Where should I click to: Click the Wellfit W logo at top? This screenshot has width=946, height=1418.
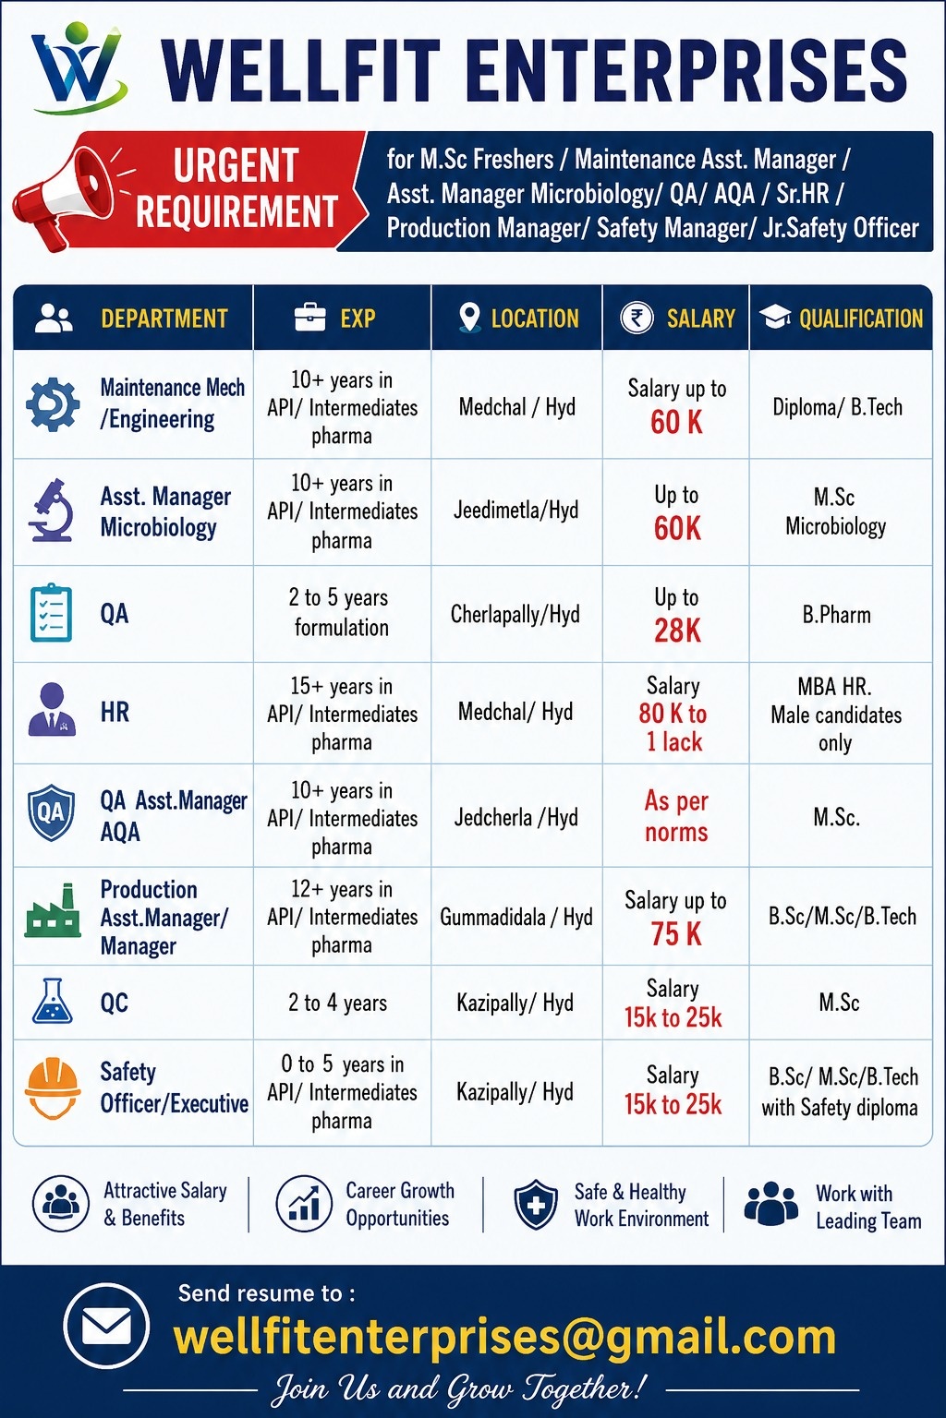pos(78,66)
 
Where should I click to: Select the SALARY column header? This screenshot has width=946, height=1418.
pos(700,318)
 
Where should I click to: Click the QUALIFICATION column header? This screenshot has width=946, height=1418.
pos(860,318)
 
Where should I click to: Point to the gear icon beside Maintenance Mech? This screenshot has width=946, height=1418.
pos(54,404)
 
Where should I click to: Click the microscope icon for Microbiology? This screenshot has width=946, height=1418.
pos(51,511)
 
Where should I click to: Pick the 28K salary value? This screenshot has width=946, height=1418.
pos(677,631)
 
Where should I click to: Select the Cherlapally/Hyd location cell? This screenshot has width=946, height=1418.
pos(515,614)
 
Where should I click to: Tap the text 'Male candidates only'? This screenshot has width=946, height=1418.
pos(836,728)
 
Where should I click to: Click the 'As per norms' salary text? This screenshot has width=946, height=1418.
pos(676,817)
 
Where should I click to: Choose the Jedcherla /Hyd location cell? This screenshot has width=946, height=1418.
pos(515,817)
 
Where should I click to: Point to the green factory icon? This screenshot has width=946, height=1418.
pos(53,910)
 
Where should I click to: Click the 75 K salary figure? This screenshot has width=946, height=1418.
pos(676,933)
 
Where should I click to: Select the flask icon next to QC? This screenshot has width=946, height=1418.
pos(52,1001)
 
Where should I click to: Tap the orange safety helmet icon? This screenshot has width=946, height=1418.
pos(53,1088)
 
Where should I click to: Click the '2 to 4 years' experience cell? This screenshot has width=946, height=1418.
pos(338,1003)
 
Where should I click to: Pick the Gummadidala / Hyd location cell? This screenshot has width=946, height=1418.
pos(516,917)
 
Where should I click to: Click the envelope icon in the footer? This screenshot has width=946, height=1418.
pos(106,1327)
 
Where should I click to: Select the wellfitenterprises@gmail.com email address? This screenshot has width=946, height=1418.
pos(504,1337)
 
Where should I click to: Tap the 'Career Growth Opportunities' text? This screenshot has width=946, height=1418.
pos(400,1204)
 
